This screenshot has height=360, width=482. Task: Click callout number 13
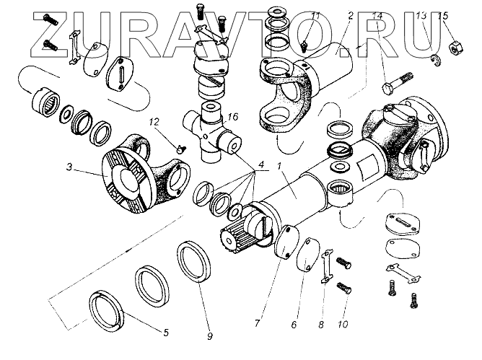click(x=422, y=15)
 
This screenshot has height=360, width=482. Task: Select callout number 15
click(x=443, y=15)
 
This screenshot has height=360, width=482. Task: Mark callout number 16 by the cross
click(x=232, y=116)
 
